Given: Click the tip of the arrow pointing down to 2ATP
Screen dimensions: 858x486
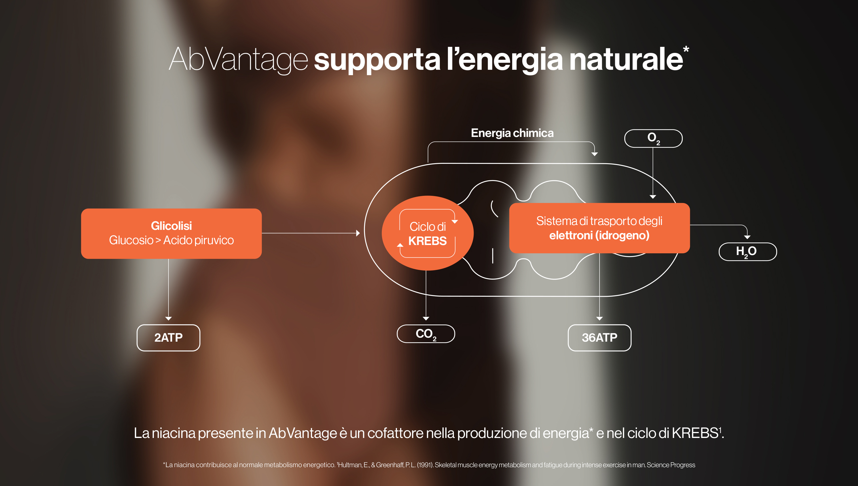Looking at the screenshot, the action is [x=168, y=321].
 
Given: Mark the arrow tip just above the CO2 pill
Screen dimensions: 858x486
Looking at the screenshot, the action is [x=426, y=321].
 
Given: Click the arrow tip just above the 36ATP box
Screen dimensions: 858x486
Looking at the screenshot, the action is [x=599, y=321].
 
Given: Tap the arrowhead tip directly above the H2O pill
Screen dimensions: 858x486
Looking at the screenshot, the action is [x=747, y=239].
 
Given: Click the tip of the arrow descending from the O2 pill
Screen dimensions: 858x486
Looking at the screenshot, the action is [x=653, y=199].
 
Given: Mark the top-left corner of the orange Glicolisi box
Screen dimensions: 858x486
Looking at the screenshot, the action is [x=82, y=209].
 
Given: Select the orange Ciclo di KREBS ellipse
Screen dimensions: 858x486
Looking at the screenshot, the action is [x=428, y=233].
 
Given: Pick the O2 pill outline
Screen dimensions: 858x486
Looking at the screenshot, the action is [x=653, y=138].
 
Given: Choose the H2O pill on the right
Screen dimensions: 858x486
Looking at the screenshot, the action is [x=748, y=252].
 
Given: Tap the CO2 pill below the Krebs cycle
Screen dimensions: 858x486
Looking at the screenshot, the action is [x=426, y=334].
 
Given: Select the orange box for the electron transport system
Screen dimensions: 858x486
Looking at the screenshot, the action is [x=599, y=228].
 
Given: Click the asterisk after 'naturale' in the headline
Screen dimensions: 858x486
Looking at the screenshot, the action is [x=686, y=49].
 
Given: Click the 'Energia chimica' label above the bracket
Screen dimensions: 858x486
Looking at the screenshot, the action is [x=512, y=133].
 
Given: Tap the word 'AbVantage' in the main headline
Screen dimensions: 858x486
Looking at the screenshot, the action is [x=238, y=59].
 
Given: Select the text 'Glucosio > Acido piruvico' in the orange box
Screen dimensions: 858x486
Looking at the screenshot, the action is [x=171, y=240].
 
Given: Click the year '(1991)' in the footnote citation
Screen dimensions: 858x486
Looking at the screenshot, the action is [x=425, y=465].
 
